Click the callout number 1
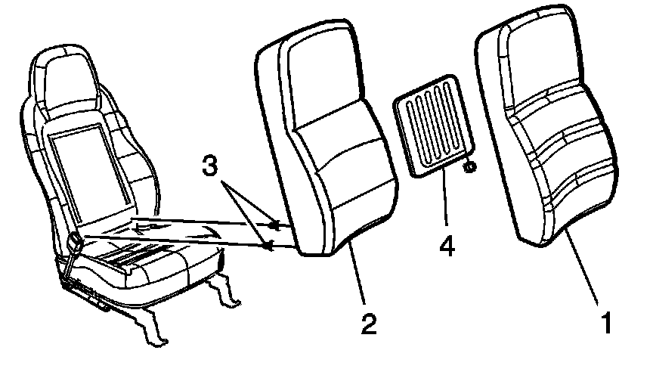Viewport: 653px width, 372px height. coord(605,323)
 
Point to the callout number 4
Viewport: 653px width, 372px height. coord(448,246)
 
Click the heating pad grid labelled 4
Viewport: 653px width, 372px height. coord(430,125)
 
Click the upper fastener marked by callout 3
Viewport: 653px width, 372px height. coord(275,223)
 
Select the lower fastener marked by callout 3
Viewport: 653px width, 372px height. coord(268,243)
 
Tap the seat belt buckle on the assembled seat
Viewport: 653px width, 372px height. coord(76,243)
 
